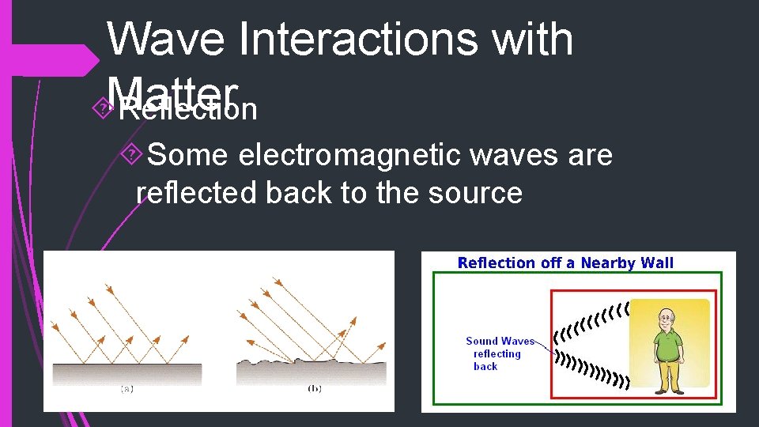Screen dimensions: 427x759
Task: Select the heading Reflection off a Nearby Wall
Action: (x=565, y=263)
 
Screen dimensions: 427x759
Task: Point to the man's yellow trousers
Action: (x=668, y=374)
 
